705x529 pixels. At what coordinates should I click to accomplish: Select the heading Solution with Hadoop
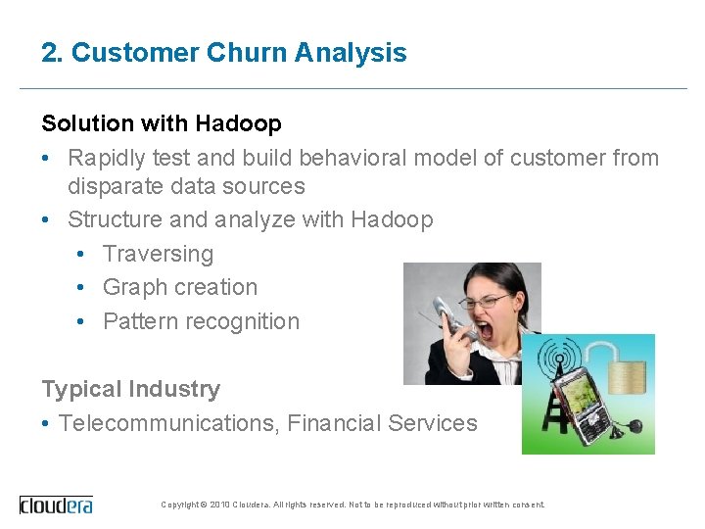pos(162,123)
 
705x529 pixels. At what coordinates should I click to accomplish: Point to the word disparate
pos(117,186)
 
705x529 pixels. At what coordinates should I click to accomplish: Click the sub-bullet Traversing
pos(158,254)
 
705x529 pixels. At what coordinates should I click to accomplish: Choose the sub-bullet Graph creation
pos(180,287)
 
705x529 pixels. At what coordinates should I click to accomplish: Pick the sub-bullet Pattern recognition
pos(201,321)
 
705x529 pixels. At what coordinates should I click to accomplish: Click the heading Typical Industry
pos(130,389)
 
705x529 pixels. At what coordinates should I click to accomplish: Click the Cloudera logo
pos(57,505)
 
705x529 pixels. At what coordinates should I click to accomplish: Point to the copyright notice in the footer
pos(352,505)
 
